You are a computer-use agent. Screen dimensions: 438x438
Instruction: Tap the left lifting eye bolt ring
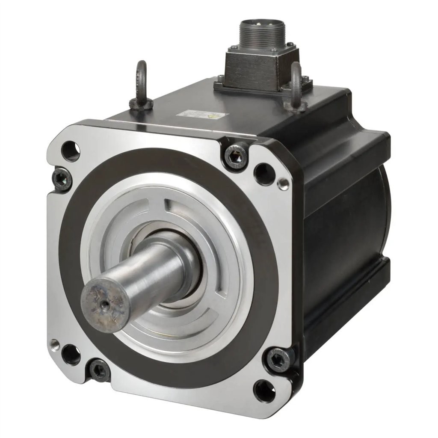point(141,75)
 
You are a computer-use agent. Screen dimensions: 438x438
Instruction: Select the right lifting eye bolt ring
point(296,80)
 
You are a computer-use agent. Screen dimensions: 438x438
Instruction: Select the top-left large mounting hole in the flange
point(70,150)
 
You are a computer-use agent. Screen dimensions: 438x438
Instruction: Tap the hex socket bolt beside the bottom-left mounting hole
point(99,370)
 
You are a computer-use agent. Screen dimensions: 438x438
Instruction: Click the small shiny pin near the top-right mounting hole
point(283,183)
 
